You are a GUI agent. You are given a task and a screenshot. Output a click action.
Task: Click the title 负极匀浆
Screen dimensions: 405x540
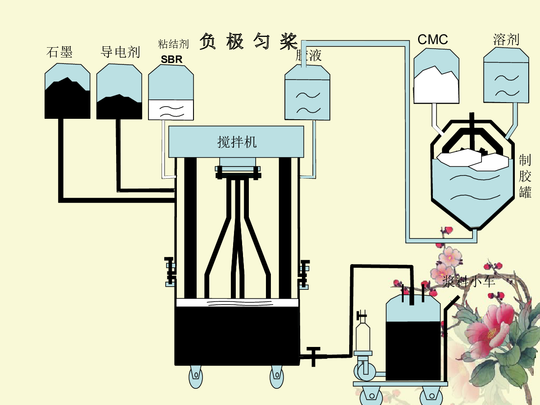click(248, 41)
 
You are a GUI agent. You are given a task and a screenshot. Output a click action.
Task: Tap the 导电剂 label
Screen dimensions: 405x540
click(120, 52)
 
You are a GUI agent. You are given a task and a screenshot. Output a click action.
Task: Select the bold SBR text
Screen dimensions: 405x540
click(172, 59)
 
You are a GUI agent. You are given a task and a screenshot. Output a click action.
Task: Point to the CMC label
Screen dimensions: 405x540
click(433, 40)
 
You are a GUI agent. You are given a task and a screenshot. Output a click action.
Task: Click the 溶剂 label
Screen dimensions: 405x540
click(506, 40)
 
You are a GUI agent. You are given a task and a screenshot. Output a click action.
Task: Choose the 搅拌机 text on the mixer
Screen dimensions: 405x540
click(237, 142)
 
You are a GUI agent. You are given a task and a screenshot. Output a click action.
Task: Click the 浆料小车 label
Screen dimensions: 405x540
click(468, 282)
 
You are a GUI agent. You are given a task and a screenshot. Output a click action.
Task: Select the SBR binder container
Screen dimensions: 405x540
click(171, 92)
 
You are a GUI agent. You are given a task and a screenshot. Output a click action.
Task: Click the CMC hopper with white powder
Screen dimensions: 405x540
click(436, 76)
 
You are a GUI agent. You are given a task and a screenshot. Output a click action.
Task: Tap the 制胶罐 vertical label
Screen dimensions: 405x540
click(525, 176)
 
